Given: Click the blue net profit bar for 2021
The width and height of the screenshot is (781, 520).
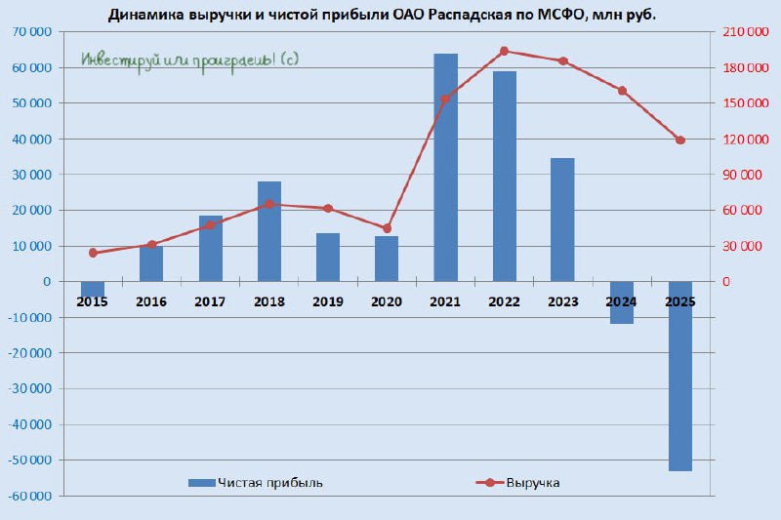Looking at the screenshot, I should tap(445, 167).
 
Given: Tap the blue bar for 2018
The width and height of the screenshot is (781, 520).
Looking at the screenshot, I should tap(269, 231).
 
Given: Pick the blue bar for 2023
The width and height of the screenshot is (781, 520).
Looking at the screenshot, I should tap(562, 220).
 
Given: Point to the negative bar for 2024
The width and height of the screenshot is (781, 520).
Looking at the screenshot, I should tap(621, 302).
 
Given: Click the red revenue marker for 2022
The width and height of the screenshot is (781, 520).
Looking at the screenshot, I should tap(504, 51).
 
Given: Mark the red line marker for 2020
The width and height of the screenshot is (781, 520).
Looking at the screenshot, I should tap(387, 228).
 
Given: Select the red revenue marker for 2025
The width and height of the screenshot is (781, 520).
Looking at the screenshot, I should tap(680, 140).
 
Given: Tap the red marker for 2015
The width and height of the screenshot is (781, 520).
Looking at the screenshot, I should tap(93, 253).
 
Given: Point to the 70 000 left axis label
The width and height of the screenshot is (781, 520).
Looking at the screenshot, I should tap(33, 32).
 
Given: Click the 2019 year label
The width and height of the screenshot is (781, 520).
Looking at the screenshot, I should tap(328, 302).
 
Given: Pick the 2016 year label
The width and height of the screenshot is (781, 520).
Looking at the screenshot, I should tap(151, 302).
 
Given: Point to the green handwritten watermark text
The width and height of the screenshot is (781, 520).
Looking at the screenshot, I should tap(190, 60).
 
